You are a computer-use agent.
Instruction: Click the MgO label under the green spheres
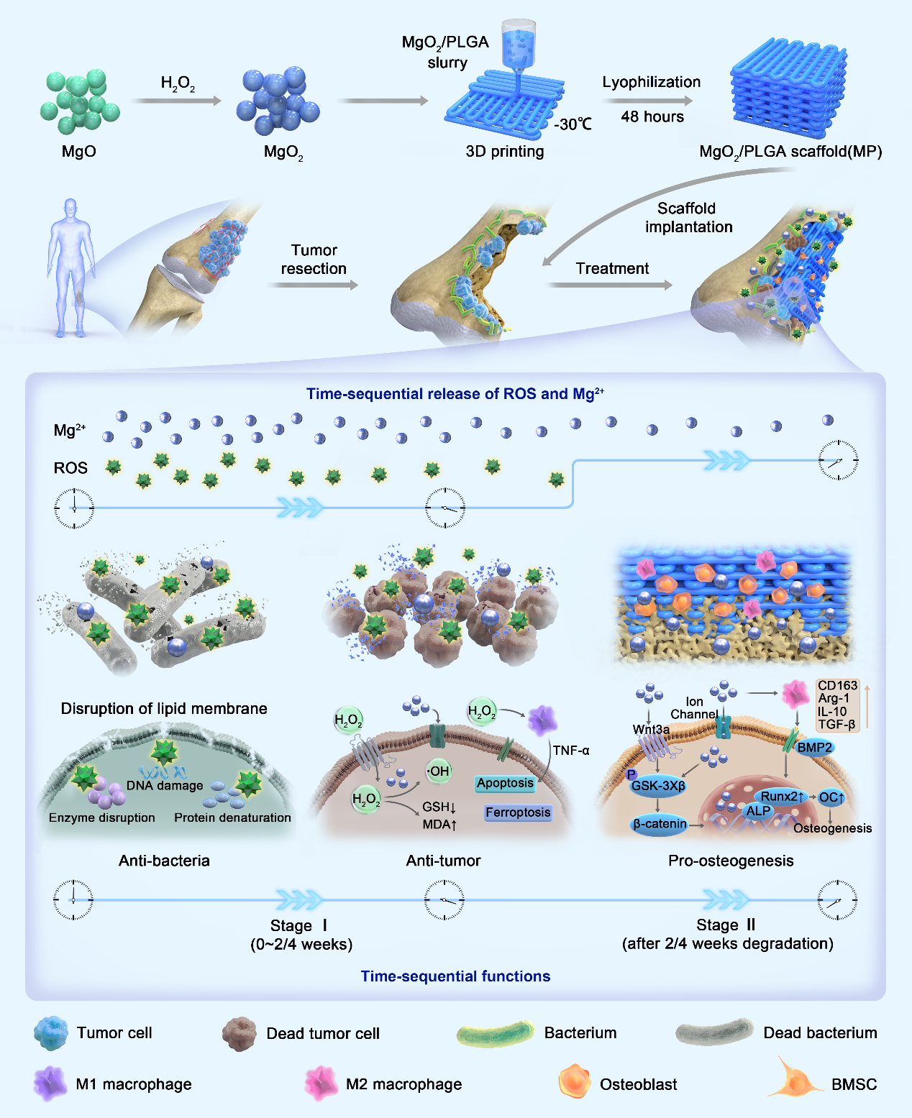(x=78, y=152)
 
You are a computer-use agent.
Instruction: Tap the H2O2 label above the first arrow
(x=178, y=84)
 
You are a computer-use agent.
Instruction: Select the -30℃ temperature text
(x=573, y=124)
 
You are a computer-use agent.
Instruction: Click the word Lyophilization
(x=651, y=82)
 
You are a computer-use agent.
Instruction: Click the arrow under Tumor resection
(x=313, y=285)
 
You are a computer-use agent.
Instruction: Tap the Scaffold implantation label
(x=688, y=217)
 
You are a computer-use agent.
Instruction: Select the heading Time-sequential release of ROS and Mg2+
(x=455, y=393)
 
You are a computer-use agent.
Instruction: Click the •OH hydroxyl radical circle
(x=438, y=771)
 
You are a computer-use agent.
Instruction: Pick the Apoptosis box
(x=506, y=783)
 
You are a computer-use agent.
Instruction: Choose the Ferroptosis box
(x=518, y=812)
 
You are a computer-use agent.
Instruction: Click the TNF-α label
(x=571, y=751)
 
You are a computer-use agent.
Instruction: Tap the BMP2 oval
(x=814, y=748)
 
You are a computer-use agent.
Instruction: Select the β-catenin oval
(x=660, y=824)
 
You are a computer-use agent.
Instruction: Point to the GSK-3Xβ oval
(x=658, y=786)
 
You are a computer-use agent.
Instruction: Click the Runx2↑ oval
(x=782, y=797)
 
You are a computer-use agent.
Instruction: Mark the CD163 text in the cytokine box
(x=837, y=685)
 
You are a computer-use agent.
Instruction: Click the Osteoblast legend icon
(x=574, y=1083)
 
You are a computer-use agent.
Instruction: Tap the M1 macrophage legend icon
(x=50, y=1083)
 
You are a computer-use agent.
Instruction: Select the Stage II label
(x=726, y=925)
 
